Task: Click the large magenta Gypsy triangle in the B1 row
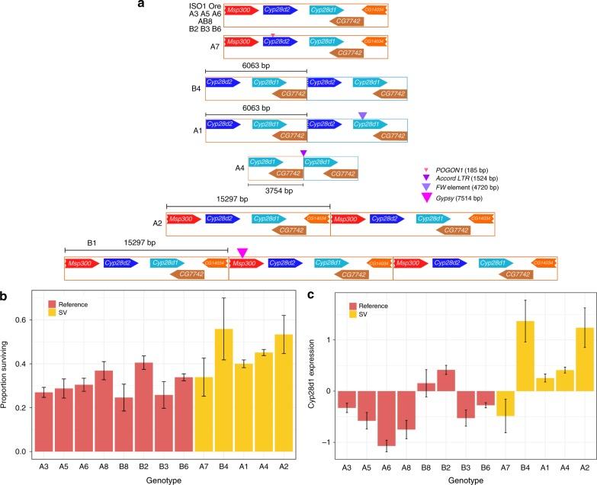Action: point(242,252)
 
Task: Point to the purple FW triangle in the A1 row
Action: point(362,116)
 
